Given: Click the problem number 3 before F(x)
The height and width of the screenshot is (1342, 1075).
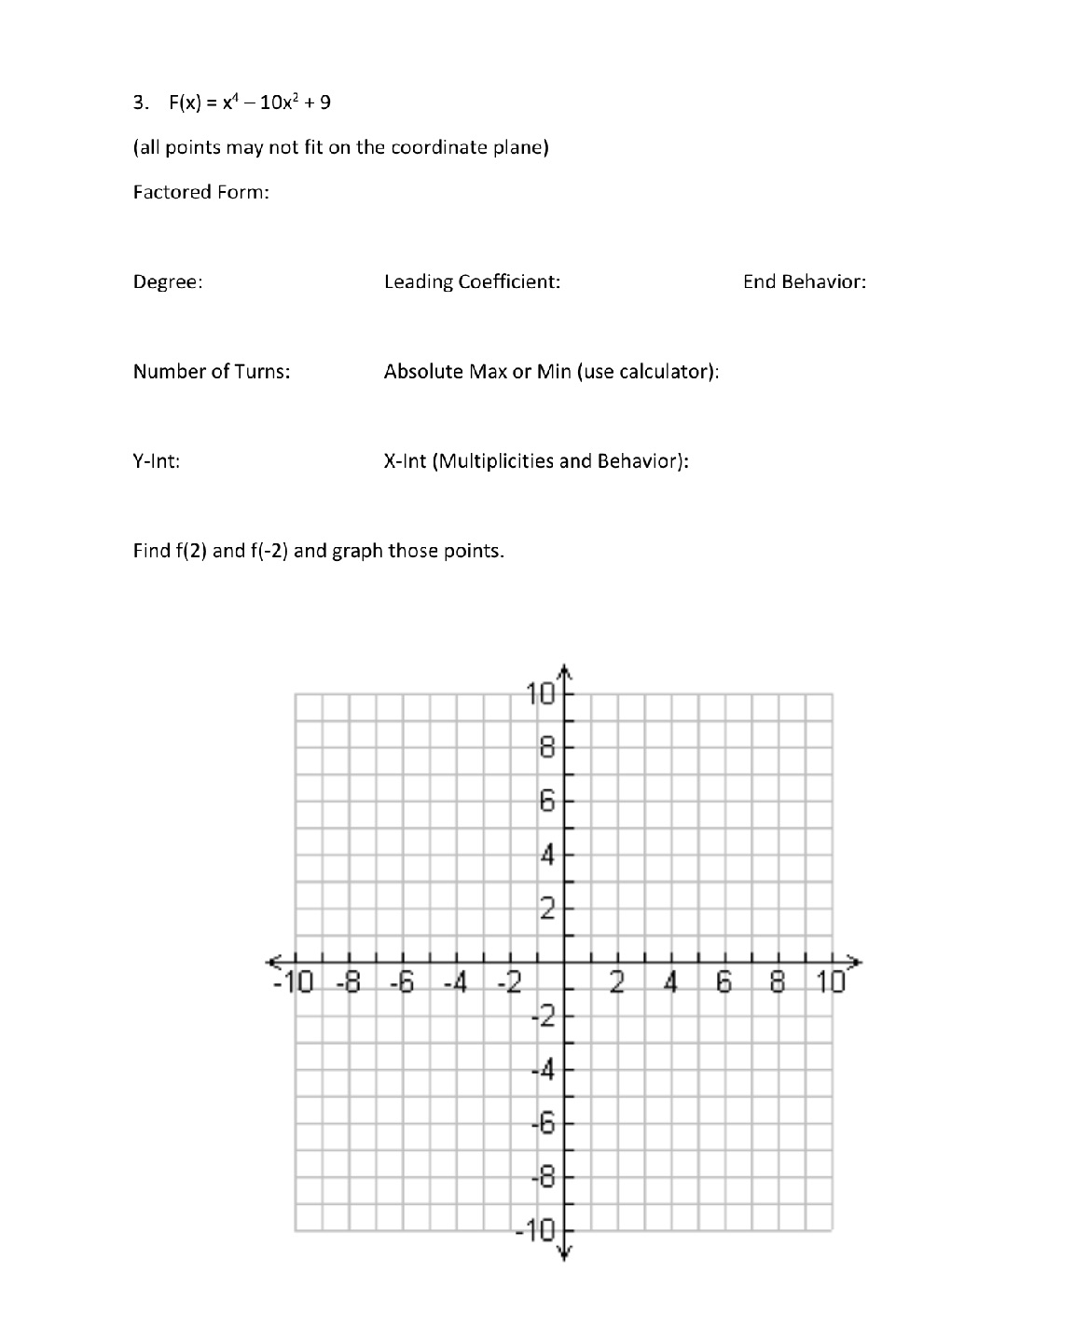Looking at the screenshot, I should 139,103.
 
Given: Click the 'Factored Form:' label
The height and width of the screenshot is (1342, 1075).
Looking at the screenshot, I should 200,192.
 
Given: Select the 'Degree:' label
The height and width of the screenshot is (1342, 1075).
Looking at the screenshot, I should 168,282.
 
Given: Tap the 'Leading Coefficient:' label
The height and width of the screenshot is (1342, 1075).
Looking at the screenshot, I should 472,281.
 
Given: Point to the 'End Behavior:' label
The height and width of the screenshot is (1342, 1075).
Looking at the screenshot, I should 804,281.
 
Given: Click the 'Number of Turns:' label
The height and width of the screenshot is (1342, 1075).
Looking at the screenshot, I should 212,372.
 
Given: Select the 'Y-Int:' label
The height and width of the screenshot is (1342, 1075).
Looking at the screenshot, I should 156,461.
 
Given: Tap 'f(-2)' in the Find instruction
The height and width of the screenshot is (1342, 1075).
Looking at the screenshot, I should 269,551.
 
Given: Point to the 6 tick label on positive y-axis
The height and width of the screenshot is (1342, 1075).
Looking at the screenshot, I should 547,801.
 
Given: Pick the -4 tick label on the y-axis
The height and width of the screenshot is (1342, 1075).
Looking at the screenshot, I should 544,1070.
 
